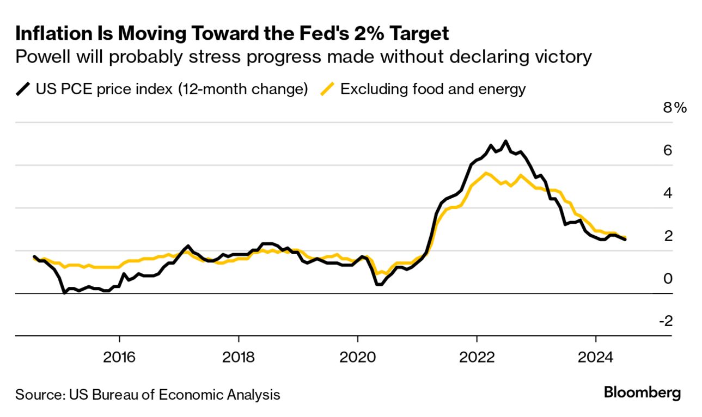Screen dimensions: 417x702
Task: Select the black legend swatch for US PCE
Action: (x=23, y=89)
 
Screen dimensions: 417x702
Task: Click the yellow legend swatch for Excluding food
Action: (x=327, y=89)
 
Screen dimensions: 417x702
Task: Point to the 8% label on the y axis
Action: (x=674, y=108)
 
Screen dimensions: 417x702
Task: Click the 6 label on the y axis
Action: (x=667, y=150)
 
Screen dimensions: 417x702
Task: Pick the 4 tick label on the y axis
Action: (x=667, y=193)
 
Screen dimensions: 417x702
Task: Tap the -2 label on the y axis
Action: (x=666, y=321)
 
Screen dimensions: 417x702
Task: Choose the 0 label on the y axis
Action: (x=667, y=279)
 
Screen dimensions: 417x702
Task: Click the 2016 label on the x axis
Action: (x=119, y=358)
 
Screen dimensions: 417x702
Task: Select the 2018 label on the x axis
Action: (x=238, y=358)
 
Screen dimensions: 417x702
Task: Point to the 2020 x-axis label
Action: (x=357, y=358)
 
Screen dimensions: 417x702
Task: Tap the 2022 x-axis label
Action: (x=477, y=358)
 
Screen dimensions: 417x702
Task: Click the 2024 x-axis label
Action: (x=596, y=358)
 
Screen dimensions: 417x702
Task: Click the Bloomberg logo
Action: (x=642, y=394)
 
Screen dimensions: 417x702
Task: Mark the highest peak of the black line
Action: (x=506, y=142)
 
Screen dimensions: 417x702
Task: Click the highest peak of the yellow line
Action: (x=485, y=173)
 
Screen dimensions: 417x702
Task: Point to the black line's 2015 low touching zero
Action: (x=65, y=293)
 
